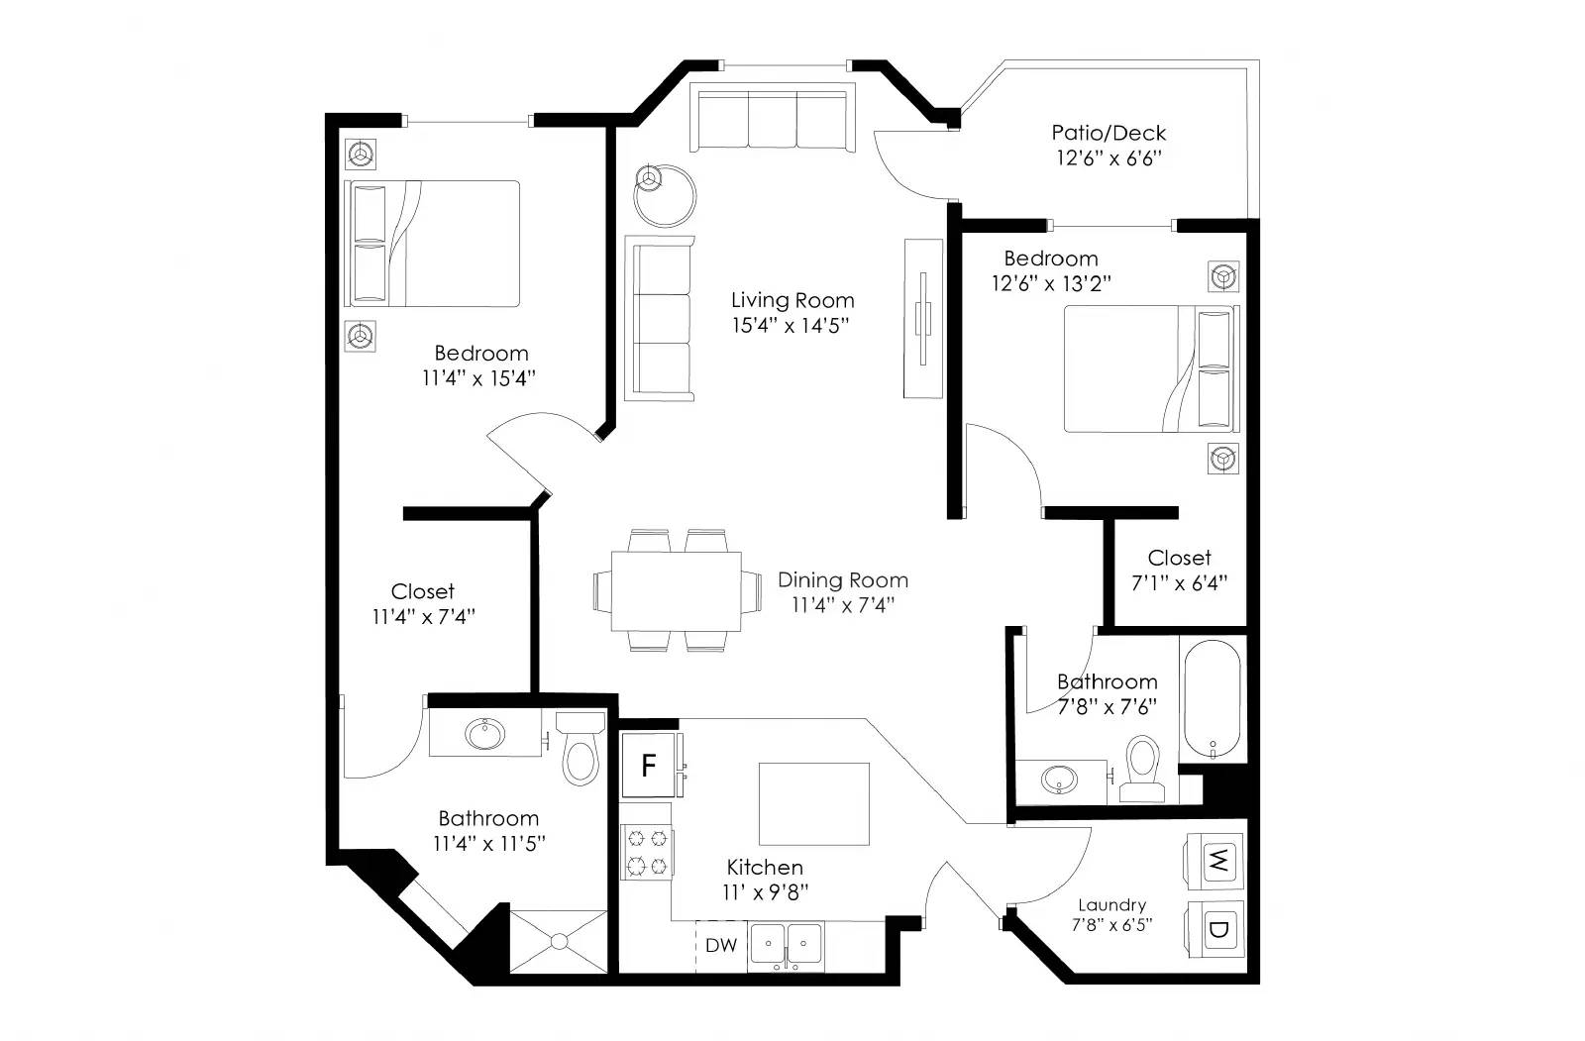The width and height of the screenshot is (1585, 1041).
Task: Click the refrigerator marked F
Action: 649,765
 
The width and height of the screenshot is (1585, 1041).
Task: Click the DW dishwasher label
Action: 721,946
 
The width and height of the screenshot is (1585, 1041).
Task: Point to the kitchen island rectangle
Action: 814,803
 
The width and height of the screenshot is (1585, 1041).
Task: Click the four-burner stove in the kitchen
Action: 647,853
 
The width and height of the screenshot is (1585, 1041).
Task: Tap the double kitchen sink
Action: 787,946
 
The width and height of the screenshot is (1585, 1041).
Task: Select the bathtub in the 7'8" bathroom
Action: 1212,698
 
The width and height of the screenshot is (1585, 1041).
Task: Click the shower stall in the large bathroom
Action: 558,941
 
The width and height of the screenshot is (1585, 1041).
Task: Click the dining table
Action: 677,590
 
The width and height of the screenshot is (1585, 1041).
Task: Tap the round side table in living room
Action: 665,195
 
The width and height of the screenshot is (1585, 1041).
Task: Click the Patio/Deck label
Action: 1109,133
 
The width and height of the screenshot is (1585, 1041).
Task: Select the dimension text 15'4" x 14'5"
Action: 791,325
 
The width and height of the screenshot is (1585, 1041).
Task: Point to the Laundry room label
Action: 1111,904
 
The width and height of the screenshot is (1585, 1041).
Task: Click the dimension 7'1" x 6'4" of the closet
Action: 1179,583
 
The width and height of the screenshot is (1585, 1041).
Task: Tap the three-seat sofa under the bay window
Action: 773,120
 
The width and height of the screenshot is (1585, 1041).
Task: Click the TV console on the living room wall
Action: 922,318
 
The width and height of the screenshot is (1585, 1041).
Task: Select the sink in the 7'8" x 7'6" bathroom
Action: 1058,781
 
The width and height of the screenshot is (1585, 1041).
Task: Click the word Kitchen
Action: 764,867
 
